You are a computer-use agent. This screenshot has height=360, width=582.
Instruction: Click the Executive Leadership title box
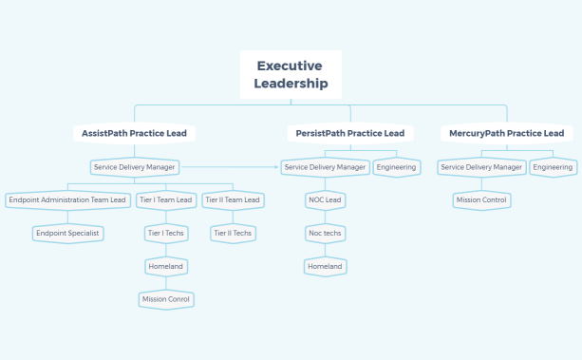click(x=291, y=75)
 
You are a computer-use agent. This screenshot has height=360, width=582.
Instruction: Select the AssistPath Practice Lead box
click(x=134, y=133)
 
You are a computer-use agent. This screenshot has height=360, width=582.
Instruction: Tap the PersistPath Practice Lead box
click(x=350, y=133)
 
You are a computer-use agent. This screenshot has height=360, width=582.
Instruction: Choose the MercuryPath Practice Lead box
click(x=507, y=133)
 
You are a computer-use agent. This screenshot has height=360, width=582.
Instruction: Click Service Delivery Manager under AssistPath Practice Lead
click(x=134, y=167)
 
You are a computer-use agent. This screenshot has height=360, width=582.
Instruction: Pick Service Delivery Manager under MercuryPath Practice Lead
click(x=482, y=167)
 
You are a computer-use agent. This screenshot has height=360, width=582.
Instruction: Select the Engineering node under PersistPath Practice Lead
click(x=396, y=167)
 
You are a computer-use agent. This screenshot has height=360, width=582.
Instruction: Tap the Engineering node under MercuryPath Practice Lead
click(x=553, y=167)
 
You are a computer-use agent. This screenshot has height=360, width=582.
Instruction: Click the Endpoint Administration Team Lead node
click(x=66, y=199)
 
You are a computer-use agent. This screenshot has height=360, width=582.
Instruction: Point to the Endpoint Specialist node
click(x=66, y=233)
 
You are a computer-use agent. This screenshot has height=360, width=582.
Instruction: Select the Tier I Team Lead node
click(x=166, y=199)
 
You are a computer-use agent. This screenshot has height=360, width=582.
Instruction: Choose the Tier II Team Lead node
click(x=233, y=199)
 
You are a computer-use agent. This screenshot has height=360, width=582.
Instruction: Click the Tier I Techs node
click(x=166, y=233)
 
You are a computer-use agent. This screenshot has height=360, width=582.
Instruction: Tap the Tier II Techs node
click(x=233, y=233)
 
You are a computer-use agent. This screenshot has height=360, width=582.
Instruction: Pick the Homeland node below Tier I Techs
click(x=166, y=266)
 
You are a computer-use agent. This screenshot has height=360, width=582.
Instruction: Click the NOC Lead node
click(x=325, y=199)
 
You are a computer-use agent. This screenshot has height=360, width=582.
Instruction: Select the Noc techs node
click(x=325, y=233)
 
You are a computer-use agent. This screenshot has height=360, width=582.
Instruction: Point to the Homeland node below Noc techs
click(x=325, y=266)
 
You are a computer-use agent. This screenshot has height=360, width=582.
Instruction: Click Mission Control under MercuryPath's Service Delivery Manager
click(x=482, y=199)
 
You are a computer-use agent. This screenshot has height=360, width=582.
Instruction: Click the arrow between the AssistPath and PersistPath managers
click(x=231, y=167)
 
